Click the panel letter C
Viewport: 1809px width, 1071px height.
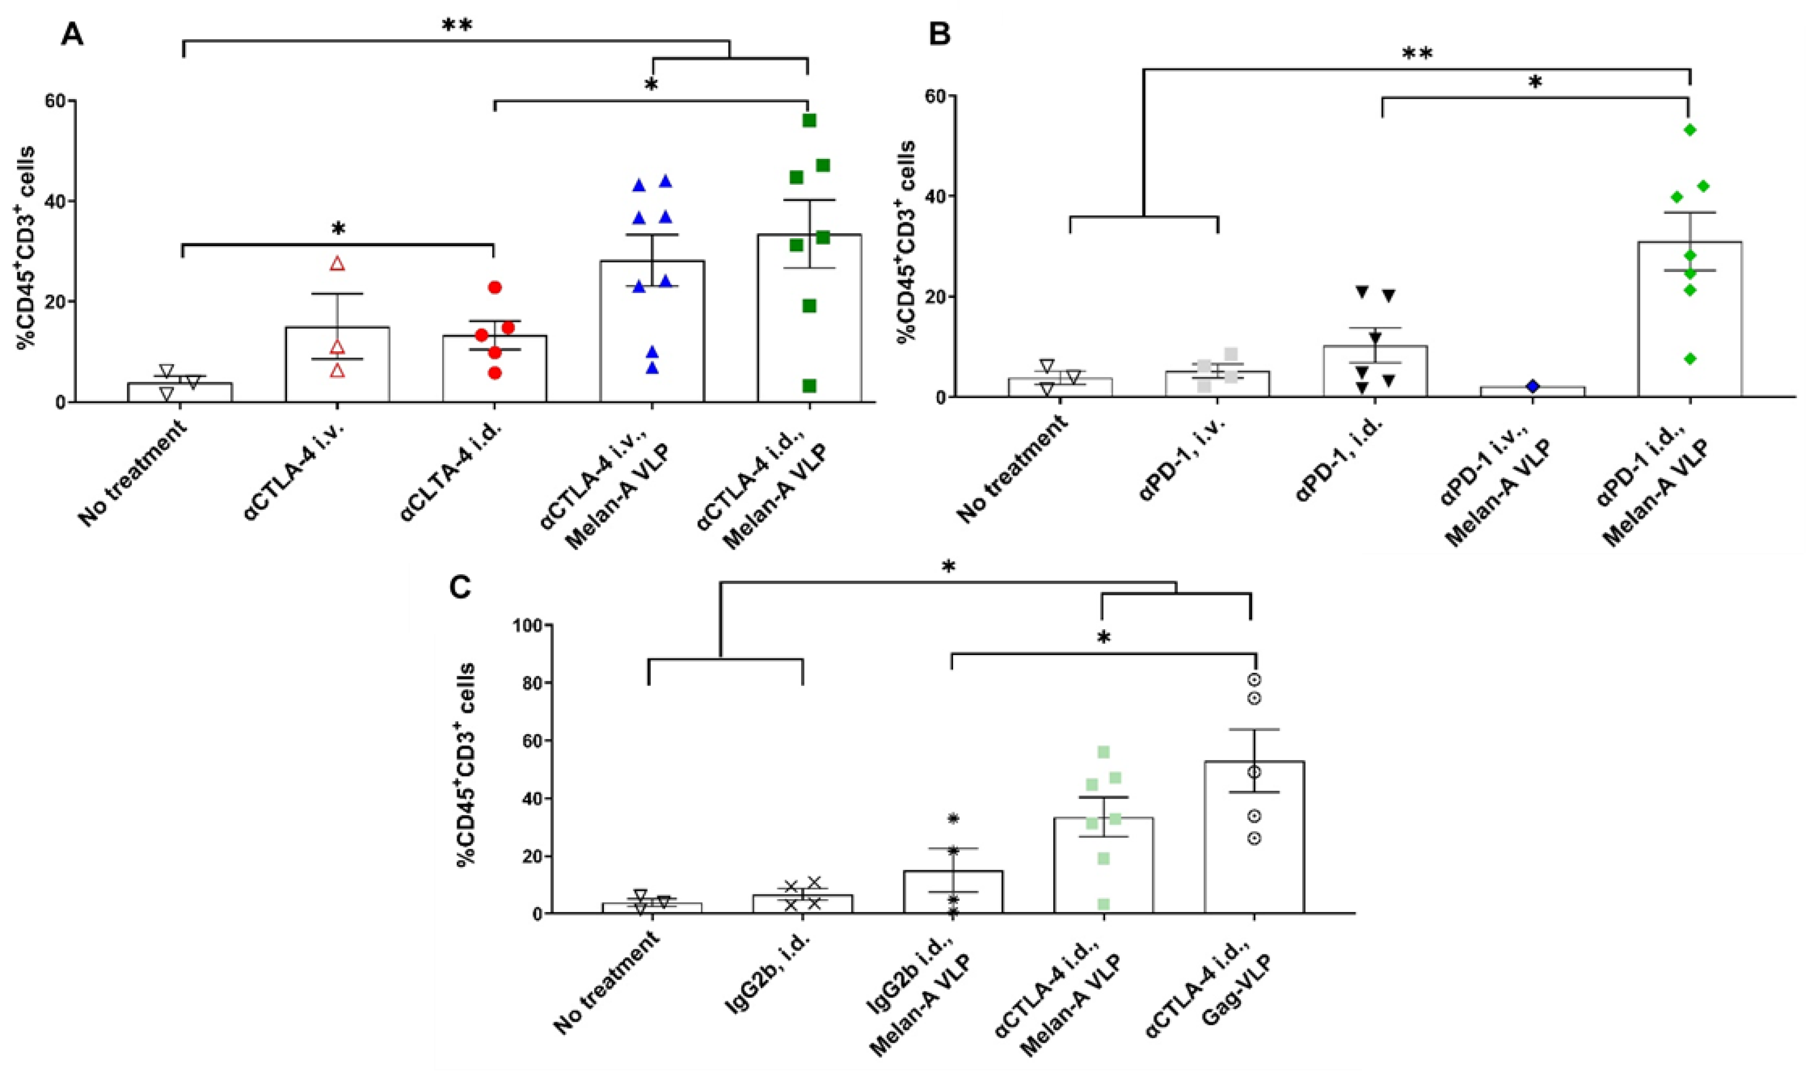(x=460, y=588)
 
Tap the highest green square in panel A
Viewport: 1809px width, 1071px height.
(x=809, y=121)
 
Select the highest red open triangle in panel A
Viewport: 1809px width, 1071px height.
(x=337, y=264)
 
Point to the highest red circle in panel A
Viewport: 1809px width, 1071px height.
(x=494, y=287)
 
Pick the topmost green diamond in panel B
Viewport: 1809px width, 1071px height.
(x=1689, y=130)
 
